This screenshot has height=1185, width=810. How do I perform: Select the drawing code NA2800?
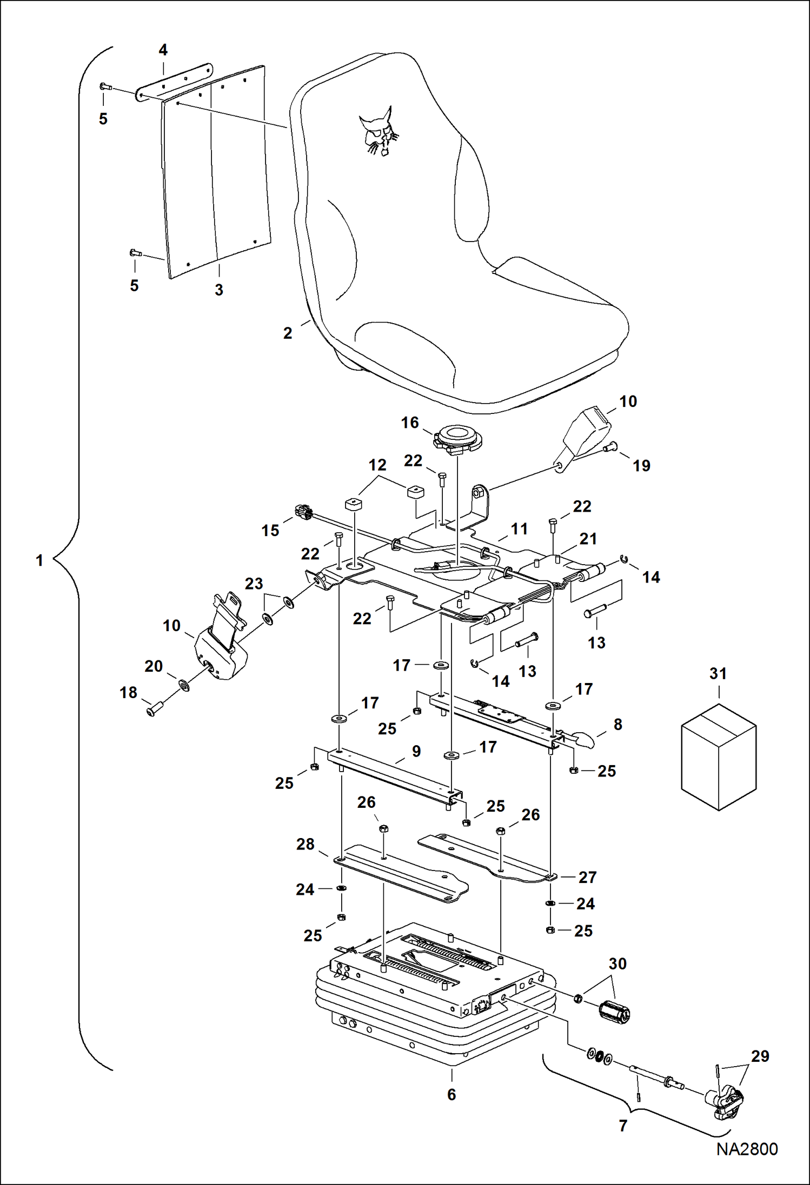click(x=747, y=1149)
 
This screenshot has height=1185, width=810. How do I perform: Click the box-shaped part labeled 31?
click(x=718, y=756)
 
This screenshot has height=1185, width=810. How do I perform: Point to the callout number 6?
click(x=452, y=1095)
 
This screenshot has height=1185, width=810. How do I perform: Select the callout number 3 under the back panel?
click(x=219, y=290)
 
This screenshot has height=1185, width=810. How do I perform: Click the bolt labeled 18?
click(x=156, y=707)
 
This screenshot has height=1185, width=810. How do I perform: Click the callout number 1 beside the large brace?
click(x=39, y=560)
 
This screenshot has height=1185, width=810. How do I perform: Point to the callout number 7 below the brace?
click(x=623, y=1126)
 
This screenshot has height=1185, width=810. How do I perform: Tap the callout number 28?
click(x=305, y=844)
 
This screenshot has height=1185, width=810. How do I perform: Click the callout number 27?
click(x=587, y=877)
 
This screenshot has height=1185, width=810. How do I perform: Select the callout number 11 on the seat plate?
click(x=519, y=529)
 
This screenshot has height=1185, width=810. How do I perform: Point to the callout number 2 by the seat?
click(x=288, y=333)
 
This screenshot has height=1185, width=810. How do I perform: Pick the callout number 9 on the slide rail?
click(x=416, y=751)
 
